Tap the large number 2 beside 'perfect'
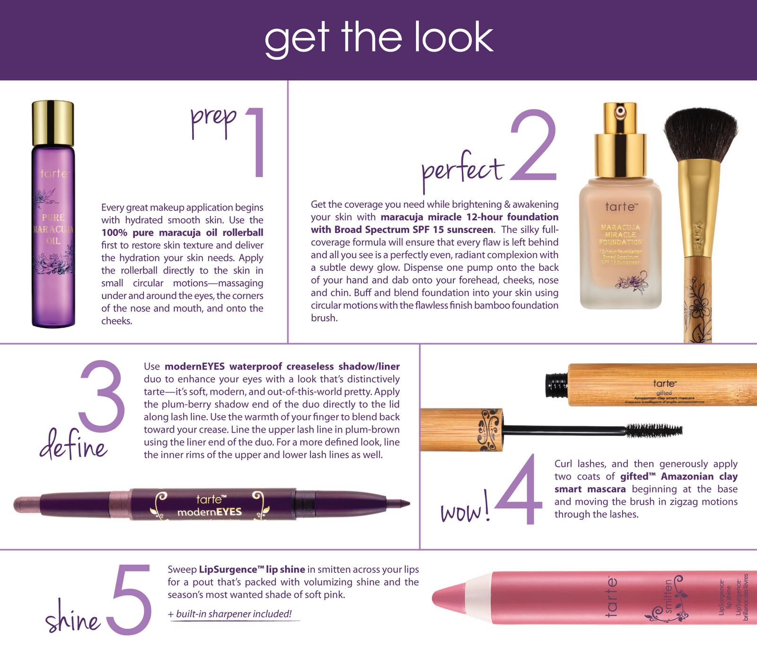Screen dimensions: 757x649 click(533, 145)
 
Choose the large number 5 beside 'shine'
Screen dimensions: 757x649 click(129, 599)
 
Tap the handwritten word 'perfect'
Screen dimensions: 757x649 click(463, 170)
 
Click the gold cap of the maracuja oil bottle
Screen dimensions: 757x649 click(53, 123)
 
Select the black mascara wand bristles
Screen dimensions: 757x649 click(654, 430)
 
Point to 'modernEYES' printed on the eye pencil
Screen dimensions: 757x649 click(209, 512)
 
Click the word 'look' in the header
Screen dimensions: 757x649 click(454, 37)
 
